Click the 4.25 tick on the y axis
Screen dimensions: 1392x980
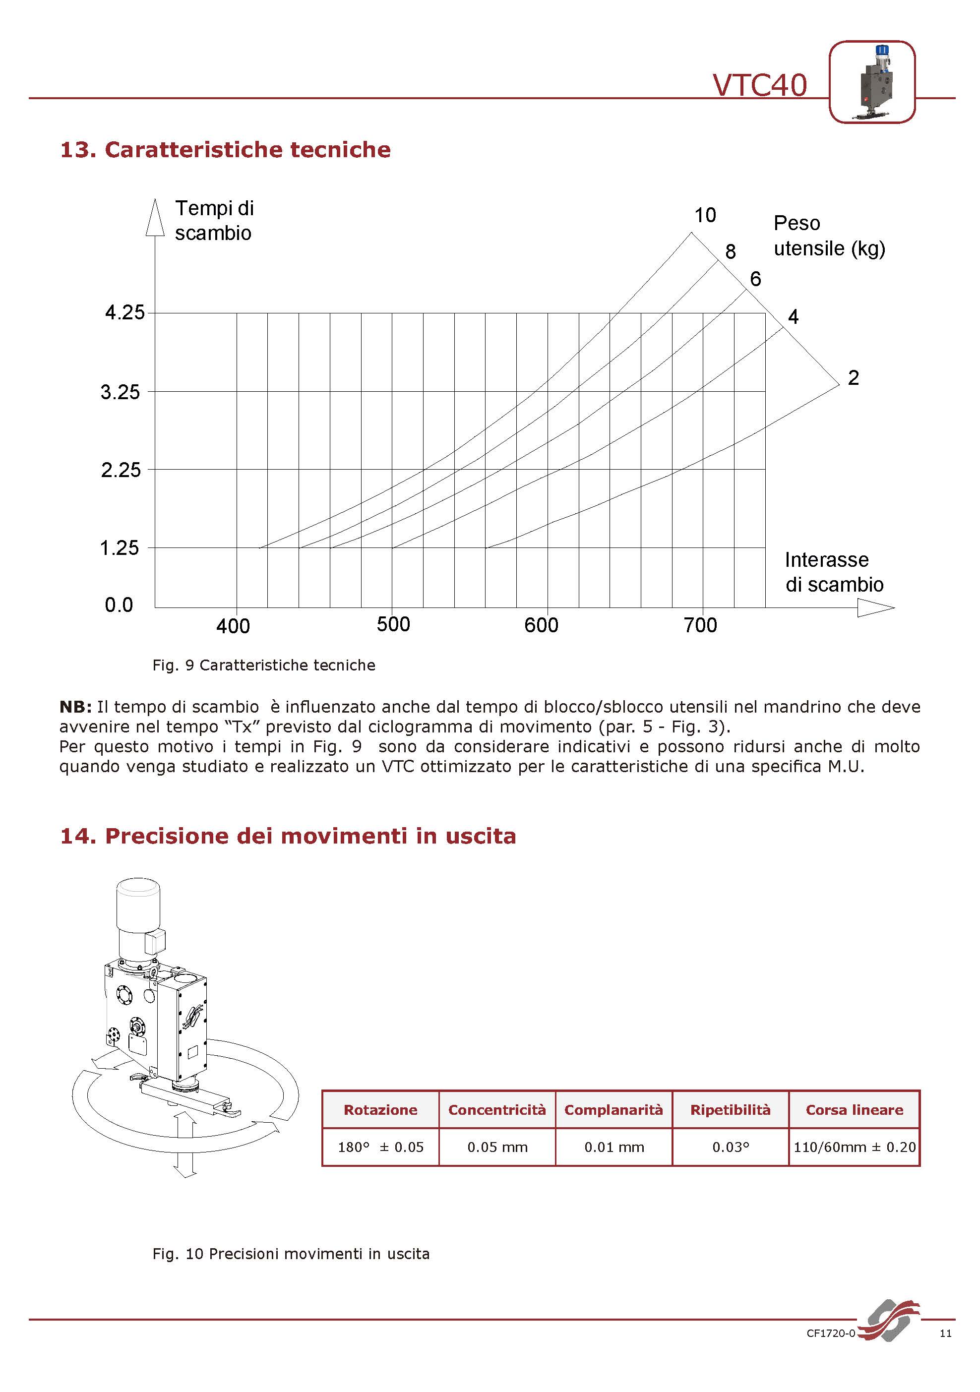125,313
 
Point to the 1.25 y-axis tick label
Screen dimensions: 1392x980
120,548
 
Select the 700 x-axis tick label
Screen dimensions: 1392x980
700,625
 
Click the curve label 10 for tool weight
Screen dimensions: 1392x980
705,215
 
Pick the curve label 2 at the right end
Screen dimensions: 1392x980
853,378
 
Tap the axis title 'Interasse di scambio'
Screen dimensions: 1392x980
834,572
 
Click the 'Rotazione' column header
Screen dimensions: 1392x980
380,1110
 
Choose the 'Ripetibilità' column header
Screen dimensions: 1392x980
730,1110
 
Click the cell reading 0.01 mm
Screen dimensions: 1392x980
613,1147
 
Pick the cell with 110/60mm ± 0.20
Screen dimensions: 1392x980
854,1147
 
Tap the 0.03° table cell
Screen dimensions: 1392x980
730,1147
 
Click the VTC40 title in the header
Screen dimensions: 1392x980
759,85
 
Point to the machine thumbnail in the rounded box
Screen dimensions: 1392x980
871,82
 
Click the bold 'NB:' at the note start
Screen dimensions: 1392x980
75,707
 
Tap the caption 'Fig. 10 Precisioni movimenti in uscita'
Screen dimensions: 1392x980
291,1254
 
